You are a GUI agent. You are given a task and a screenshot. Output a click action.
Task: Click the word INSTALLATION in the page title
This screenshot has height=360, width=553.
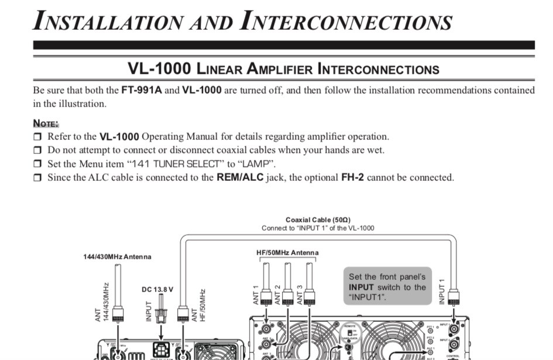pyautogui.click(x=108, y=21)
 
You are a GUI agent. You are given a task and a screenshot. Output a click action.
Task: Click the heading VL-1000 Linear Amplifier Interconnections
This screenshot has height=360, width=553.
pyautogui.click(x=283, y=69)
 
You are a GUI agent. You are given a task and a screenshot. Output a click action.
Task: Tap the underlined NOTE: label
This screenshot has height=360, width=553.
pyautogui.click(x=46, y=124)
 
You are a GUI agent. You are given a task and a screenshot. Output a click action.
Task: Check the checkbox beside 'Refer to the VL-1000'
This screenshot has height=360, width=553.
pyautogui.click(x=37, y=137)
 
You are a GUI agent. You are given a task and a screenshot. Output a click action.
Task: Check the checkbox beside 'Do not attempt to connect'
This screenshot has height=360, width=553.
pyautogui.click(x=37, y=150)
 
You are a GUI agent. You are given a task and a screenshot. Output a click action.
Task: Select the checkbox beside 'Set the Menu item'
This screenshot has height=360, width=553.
pyautogui.click(x=37, y=164)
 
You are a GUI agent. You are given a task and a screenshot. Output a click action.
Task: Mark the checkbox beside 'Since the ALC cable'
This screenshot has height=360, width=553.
pyautogui.click(x=37, y=177)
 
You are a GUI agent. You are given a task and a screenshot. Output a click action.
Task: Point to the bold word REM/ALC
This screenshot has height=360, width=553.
pyautogui.click(x=240, y=177)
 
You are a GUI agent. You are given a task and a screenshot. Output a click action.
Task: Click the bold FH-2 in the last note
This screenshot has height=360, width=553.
pyautogui.click(x=352, y=177)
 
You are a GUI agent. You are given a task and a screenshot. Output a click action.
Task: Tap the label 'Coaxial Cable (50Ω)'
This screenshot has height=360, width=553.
pyautogui.click(x=318, y=220)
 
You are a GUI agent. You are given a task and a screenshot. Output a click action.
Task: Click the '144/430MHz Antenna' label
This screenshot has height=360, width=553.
pyautogui.click(x=118, y=256)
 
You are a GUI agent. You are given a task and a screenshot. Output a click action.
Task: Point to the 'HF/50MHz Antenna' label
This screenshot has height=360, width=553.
pyautogui.click(x=287, y=253)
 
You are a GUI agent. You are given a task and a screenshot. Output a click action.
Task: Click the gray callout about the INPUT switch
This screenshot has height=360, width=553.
pyautogui.click(x=387, y=286)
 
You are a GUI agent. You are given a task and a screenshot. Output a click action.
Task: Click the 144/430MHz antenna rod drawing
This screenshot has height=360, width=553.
pyautogui.click(x=118, y=287)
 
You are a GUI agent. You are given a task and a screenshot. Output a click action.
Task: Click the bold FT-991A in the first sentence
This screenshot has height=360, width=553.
pyautogui.click(x=141, y=90)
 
